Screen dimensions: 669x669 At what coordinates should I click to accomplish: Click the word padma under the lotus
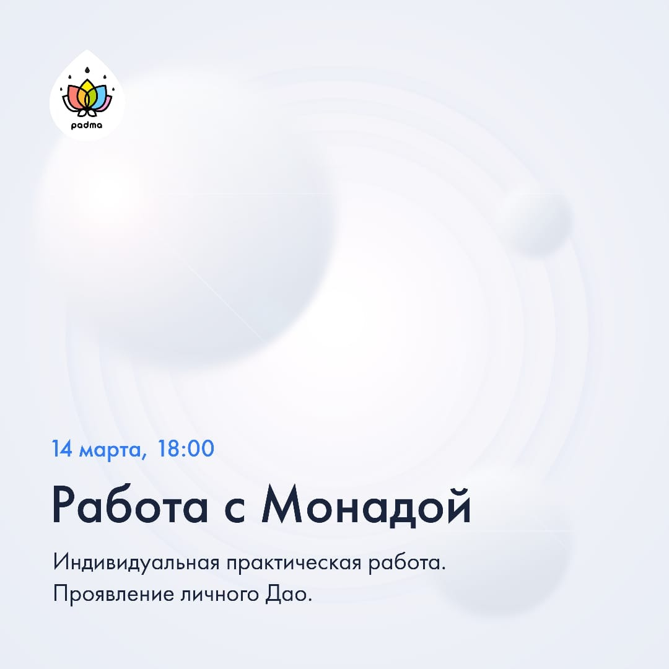tap(87, 126)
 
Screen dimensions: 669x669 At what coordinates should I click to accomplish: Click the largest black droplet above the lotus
tap(87, 70)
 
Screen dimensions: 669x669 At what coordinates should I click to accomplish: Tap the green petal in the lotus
tap(87, 101)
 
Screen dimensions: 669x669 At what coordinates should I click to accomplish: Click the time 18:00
tap(186, 448)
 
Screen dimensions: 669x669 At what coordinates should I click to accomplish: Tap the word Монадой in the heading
tap(367, 505)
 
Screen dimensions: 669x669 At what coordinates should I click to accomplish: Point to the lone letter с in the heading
tap(235, 510)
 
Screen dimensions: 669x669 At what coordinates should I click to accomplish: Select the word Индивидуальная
tap(136, 562)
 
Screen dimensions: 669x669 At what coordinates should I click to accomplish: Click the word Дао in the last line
tap(286, 594)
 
